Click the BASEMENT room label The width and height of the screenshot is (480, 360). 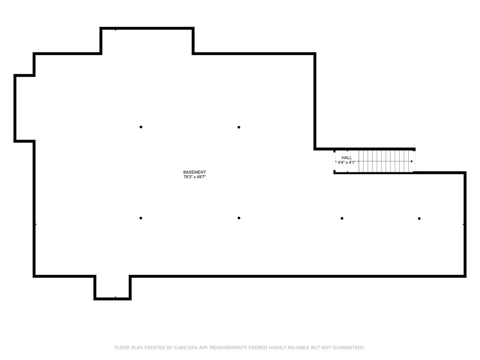point(194,172)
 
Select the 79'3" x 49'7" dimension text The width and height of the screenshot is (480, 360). point(194,177)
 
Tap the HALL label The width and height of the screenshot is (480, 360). point(347,158)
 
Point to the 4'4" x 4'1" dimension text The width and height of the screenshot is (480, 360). point(346,162)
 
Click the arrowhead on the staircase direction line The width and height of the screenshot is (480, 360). point(412,161)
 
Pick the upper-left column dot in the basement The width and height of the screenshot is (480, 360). point(141,127)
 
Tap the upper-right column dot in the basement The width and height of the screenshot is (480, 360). point(239,127)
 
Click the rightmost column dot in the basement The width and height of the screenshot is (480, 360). point(419,218)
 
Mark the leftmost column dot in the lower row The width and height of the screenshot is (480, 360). point(141,218)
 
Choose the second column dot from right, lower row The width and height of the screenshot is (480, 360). point(342,218)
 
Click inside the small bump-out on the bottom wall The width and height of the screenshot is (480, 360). point(112,287)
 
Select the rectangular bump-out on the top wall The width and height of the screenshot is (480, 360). point(147,41)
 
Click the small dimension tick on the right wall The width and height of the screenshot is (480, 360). point(463,224)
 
